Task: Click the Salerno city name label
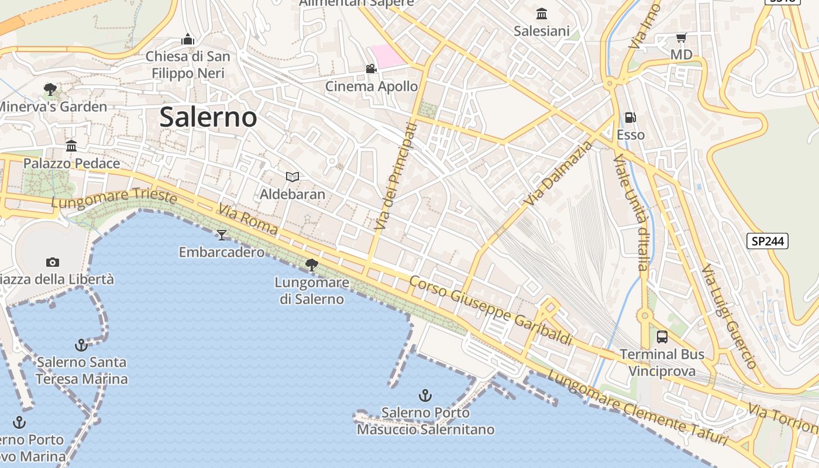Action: click(x=208, y=117)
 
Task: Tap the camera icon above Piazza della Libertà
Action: click(x=53, y=262)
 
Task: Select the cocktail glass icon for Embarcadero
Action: click(x=222, y=235)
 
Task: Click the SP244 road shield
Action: click(x=768, y=241)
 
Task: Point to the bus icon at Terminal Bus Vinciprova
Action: click(x=662, y=337)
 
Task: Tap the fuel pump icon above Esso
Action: click(x=631, y=118)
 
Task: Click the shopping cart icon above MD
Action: click(x=681, y=38)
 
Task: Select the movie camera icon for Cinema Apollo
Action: click(x=371, y=69)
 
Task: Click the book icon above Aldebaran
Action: click(x=292, y=177)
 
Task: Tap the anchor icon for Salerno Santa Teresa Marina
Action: click(x=81, y=345)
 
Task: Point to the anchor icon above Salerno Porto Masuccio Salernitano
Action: click(x=425, y=395)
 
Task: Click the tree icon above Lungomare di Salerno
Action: click(x=312, y=265)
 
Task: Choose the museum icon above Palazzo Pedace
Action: click(x=71, y=146)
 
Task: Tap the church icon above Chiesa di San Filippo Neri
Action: click(x=188, y=39)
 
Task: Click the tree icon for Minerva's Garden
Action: click(x=50, y=90)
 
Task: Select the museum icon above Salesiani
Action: click(x=542, y=13)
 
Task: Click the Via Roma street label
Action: click(x=248, y=220)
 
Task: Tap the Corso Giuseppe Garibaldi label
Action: click(x=490, y=310)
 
